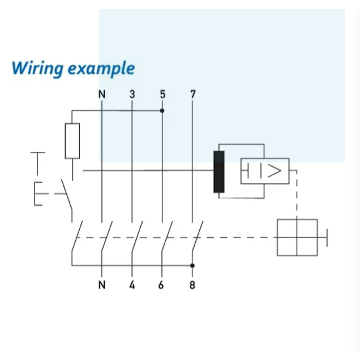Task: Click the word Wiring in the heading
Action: click(38, 69)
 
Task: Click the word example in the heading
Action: click(101, 69)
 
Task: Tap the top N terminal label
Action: click(102, 94)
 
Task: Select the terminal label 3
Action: click(133, 94)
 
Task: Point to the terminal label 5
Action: click(162, 94)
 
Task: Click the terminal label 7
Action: click(193, 94)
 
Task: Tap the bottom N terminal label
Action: click(102, 285)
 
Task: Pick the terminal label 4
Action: click(132, 285)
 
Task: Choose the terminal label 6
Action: click(161, 285)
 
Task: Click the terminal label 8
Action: click(192, 285)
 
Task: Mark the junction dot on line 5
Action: click(162, 111)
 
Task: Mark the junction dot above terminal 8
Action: click(192, 266)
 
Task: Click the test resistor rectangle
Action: click(72, 141)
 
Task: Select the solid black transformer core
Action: click(219, 172)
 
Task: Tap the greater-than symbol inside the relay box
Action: click(274, 171)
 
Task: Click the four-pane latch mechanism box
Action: click(297, 237)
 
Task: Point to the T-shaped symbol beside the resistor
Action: click(38, 164)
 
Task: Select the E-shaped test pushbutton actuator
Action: click(38, 193)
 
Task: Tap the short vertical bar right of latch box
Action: click(327, 237)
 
